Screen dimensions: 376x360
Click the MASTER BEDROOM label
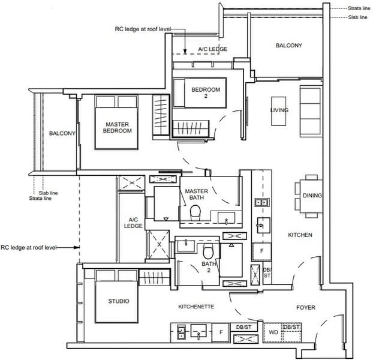pyautogui.click(x=118, y=127)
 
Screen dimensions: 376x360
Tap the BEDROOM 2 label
pyautogui.click(x=206, y=92)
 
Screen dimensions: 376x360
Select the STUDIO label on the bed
pyautogui.click(x=119, y=301)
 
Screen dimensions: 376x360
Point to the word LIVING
pyautogui.click(x=279, y=110)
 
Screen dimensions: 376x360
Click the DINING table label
pyautogui.click(x=312, y=196)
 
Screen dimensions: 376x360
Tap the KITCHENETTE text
pyautogui.click(x=196, y=307)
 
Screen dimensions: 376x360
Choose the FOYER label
pyautogui.click(x=306, y=307)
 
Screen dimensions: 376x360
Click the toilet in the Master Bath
pyautogui.click(x=195, y=212)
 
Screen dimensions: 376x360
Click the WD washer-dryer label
pyautogui.click(x=273, y=332)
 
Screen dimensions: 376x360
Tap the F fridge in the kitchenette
pyautogui.click(x=221, y=332)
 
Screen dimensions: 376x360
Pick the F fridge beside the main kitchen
pyautogui.click(x=261, y=251)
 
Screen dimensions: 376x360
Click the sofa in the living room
pyautogui.click(x=311, y=111)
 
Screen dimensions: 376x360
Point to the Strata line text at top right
pyautogui.click(x=359, y=8)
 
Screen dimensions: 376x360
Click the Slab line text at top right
pyautogui.click(x=358, y=17)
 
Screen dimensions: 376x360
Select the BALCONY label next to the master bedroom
pyautogui.click(x=62, y=133)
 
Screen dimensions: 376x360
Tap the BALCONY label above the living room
pyautogui.click(x=288, y=46)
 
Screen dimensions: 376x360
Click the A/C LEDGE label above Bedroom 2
pyautogui.click(x=213, y=49)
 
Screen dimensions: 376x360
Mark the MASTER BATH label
pyautogui.click(x=196, y=194)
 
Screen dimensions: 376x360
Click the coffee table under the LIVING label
pyautogui.click(x=279, y=111)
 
